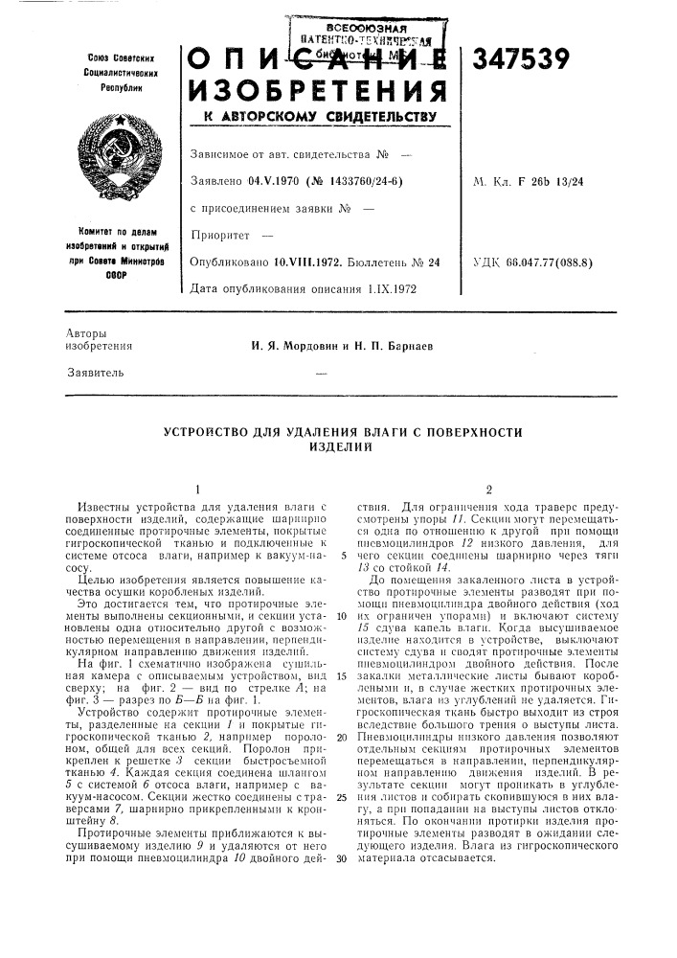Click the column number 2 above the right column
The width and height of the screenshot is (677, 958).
point(487,488)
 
